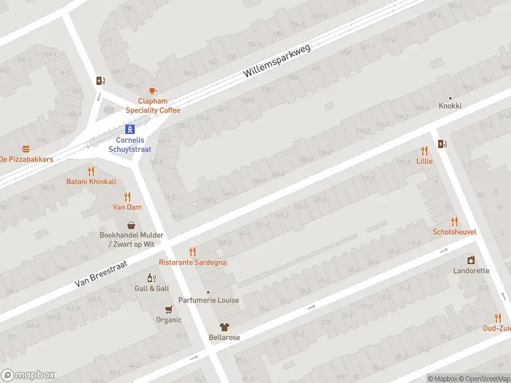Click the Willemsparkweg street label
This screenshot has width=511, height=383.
coord(277,62)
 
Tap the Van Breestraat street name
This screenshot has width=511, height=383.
coord(101,273)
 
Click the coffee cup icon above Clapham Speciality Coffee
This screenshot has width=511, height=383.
coord(152,91)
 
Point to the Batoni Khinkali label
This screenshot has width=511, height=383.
coord(91,181)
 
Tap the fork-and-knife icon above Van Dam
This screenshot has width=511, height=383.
coord(127,197)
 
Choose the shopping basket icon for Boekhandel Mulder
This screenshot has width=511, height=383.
coord(132,225)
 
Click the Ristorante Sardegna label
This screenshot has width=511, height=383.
coord(192,262)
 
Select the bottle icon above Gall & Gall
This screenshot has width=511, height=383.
coord(151,278)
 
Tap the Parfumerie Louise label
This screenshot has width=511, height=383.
coord(209,300)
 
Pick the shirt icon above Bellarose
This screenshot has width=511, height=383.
coord(224,327)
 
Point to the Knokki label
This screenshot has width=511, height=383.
coord(450,106)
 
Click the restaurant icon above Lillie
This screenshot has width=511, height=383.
coord(424,151)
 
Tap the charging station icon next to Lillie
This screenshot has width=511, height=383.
coord(442,144)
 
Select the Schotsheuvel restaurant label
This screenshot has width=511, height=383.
coord(454,232)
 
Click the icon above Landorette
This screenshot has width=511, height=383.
coord(471,260)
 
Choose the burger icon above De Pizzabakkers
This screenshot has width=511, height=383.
coord(26,149)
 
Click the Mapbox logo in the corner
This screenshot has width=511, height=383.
coord(28,375)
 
